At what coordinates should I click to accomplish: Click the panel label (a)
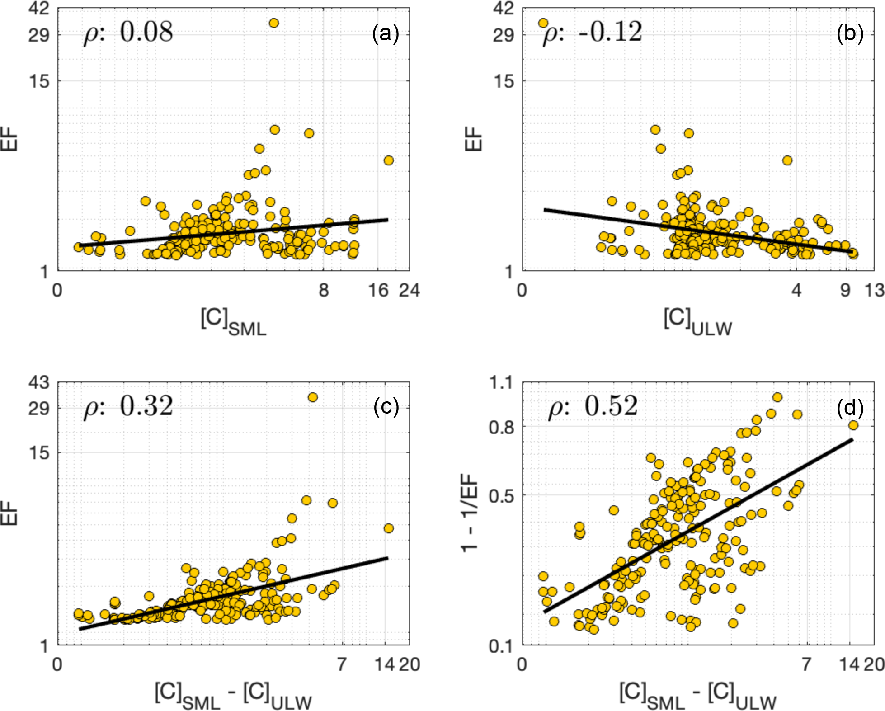pos(385,33)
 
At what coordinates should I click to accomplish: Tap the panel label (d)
pos(850,408)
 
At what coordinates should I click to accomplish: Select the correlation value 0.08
pos(146,33)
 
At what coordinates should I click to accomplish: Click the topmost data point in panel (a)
pos(273,23)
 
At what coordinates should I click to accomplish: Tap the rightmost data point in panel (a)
pos(388,160)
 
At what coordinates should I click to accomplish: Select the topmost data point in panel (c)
pos(312,397)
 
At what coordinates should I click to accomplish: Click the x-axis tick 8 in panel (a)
pos(324,290)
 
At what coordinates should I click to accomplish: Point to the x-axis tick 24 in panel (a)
pos(409,290)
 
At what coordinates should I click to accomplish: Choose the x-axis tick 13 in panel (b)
pos(875,290)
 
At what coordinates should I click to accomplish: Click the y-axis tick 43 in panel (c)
pos(39,383)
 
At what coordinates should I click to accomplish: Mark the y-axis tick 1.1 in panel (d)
pos(502,383)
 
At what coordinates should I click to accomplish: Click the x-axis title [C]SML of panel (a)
pos(233,321)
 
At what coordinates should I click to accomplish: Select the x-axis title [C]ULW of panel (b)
pos(697,321)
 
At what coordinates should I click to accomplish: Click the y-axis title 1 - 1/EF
pos(470,513)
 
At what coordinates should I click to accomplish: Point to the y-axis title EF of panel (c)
pos(9,513)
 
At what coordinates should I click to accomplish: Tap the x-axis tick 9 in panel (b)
pos(846,290)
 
